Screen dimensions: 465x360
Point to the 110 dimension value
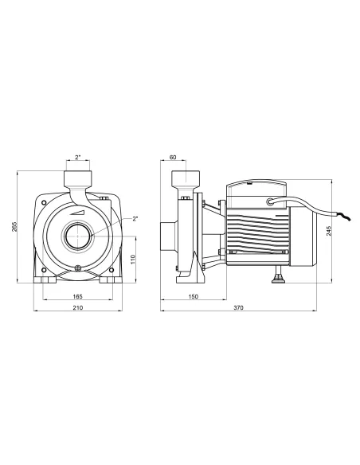click(132, 260)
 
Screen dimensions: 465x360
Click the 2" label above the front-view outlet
click(78, 157)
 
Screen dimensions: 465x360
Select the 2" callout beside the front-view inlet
click(135, 217)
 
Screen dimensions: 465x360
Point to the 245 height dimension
click(329, 232)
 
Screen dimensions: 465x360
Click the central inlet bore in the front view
click(78, 236)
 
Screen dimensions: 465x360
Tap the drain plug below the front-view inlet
click(78, 268)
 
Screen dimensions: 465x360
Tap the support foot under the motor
click(278, 278)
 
